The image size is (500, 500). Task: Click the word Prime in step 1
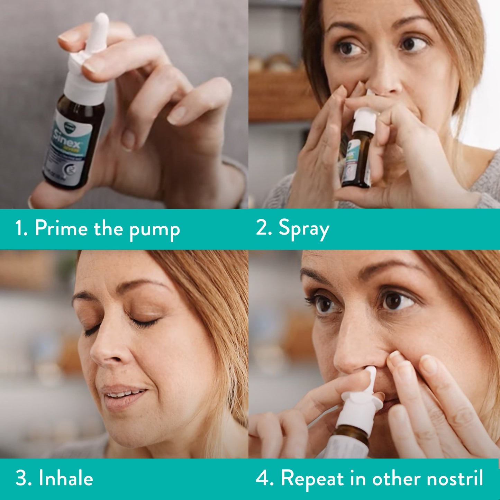coord(61,229)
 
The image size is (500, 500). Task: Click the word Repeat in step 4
coord(312,479)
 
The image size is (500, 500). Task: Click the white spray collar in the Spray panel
coord(365,118)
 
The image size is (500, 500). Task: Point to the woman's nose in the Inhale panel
coord(104,356)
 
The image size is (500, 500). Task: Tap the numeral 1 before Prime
coord(20,229)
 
